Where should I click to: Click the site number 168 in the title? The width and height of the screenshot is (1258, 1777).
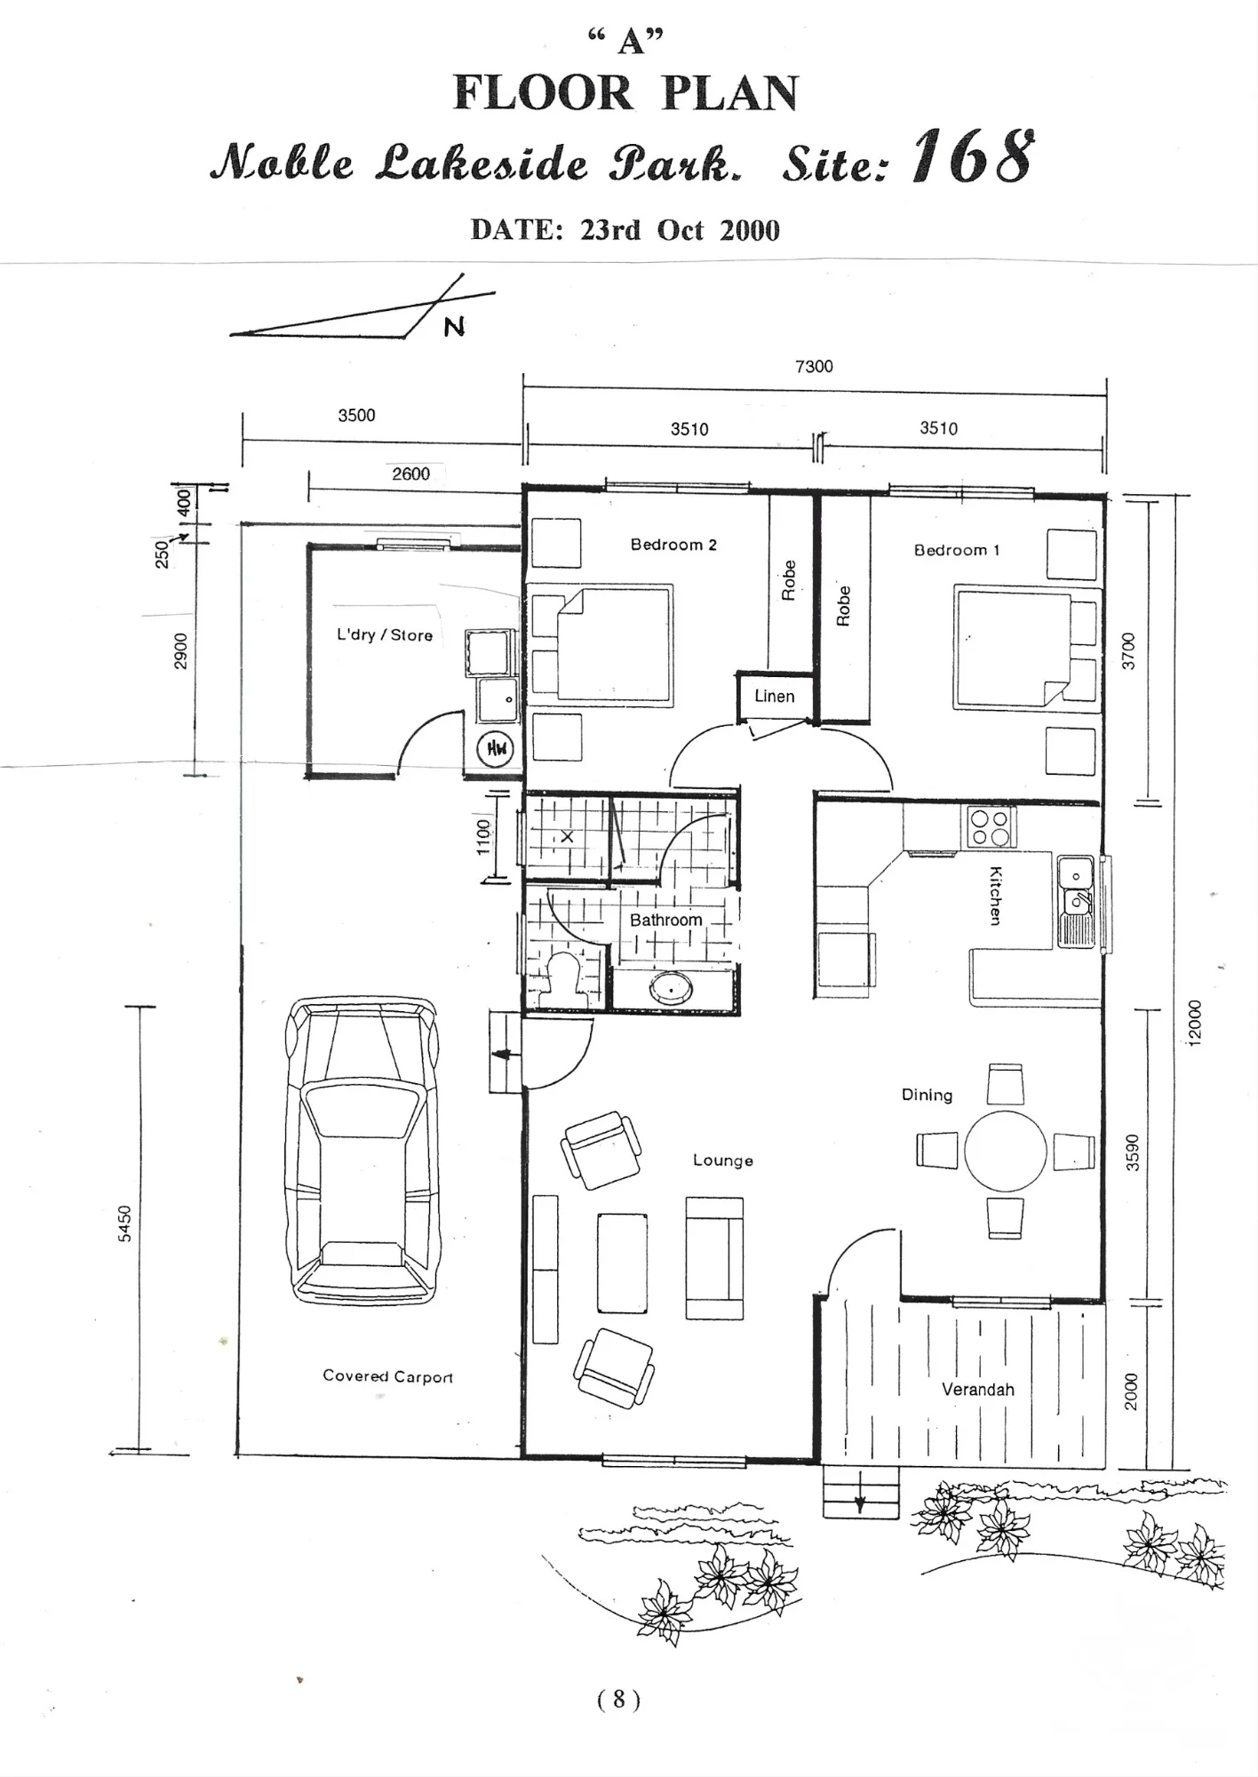coord(974,156)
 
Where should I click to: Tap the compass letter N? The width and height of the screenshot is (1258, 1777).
coord(454,327)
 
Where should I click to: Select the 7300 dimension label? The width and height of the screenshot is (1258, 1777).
coord(814,366)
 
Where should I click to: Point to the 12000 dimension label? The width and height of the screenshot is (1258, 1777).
coord(1195,1023)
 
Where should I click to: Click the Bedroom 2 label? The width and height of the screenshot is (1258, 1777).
coord(673,545)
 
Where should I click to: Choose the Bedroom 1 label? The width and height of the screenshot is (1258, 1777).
coord(957,550)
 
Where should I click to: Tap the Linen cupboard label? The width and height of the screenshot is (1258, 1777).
coord(775,697)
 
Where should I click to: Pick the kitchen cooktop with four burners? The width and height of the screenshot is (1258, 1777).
coord(989,827)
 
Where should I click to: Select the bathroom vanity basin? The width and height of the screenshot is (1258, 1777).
coord(673,989)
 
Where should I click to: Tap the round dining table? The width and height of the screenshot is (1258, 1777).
coord(1006,1151)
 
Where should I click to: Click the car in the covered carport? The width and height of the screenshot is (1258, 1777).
coord(363,1150)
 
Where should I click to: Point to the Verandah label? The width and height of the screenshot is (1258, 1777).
coord(978,1390)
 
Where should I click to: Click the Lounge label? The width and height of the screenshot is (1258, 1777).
coord(723,1160)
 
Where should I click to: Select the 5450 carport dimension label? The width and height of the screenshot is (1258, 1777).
coord(125,1223)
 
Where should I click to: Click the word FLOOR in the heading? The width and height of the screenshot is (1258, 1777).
coord(544,93)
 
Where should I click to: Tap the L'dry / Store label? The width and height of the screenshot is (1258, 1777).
coord(385,635)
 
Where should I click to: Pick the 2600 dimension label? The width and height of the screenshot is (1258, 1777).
coord(411,474)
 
